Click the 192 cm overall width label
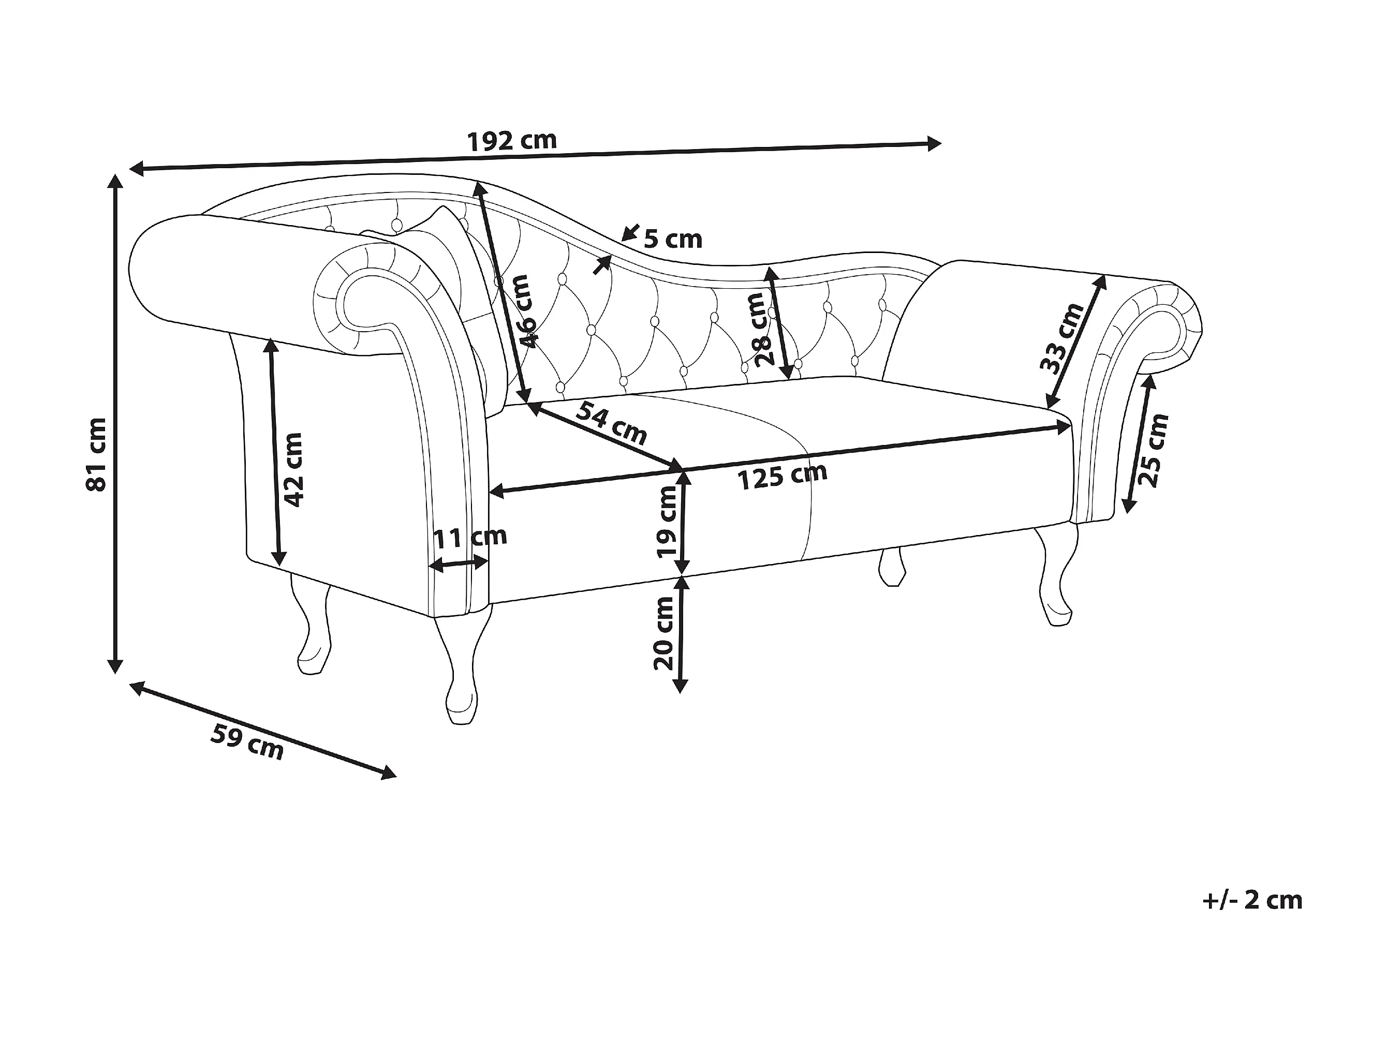[x=512, y=142]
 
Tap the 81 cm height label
[x=97, y=454]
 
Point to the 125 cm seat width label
[x=782, y=477]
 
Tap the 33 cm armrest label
[x=1061, y=338]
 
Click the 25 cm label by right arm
[x=1153, y=450]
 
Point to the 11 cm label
[x=470, y=537]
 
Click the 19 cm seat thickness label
[x=666, y=522]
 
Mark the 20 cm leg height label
[x=663, y=633]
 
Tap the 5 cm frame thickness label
[x=673, y=239]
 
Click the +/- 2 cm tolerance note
[x=1253, y=900]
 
